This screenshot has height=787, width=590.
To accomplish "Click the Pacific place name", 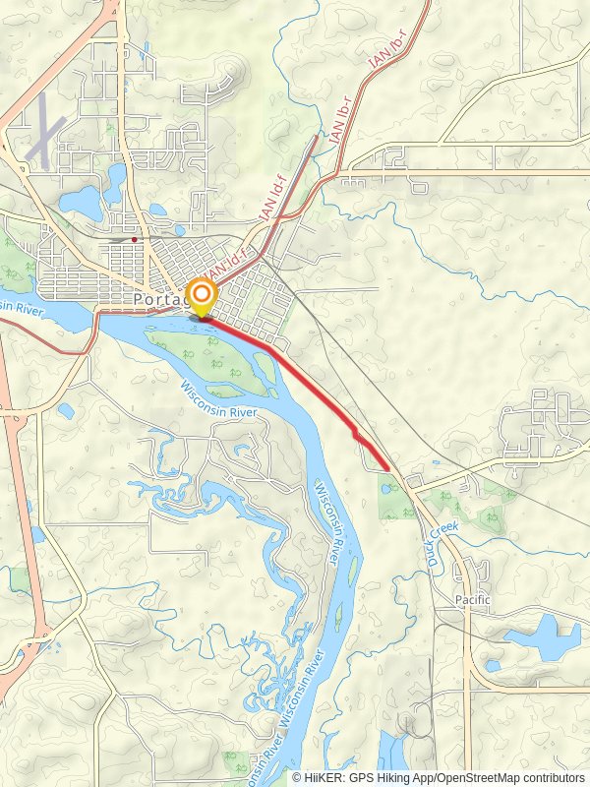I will [x=472, y=599].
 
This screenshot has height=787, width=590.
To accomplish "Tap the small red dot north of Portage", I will [x=135, y=238].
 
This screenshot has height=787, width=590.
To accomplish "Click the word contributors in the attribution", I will [x=553, y=777].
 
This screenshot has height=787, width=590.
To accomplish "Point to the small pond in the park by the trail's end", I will [x=385, y=487].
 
